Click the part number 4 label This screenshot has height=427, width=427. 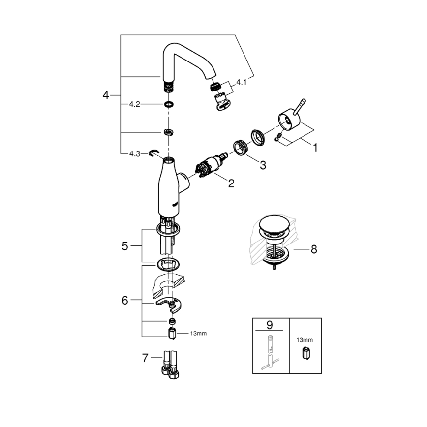(x=105, y=95)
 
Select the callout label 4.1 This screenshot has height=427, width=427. (x=241, y=83)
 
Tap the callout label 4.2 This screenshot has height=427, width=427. (x=134, y=104)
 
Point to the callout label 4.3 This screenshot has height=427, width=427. (x=135, y=153)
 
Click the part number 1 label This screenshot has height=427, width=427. (x=315, y=146)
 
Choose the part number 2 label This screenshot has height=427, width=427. (x=231, y=183)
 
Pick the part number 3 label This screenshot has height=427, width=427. (x=263, y=165)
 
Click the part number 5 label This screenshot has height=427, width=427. (x=125, y=246)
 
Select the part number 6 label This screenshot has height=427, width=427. (x=125, y=300)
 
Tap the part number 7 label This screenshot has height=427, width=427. (x=145, y=358)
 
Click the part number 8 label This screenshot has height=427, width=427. (x=313, y=249)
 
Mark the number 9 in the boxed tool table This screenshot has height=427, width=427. (x=269, y=325)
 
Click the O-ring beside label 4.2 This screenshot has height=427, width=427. (x=169, y=104)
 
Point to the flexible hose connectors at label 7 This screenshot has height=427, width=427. (x=170, y=366)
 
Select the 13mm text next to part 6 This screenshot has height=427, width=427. (x=198, y=333)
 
